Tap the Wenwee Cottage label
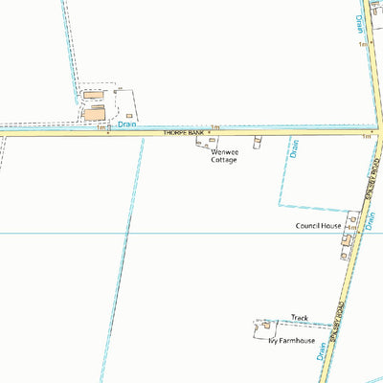coord(223,155)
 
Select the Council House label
coord(318,226)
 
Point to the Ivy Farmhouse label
coord(291,340)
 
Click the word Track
coord(300,317)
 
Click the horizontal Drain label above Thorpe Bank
coord(130,123)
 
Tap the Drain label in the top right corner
coord(360,24)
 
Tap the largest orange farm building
coord(95,114)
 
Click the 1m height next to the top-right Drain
coord(363,44)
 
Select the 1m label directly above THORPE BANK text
coord(215,126)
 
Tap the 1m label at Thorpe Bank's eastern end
coord(366,138)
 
